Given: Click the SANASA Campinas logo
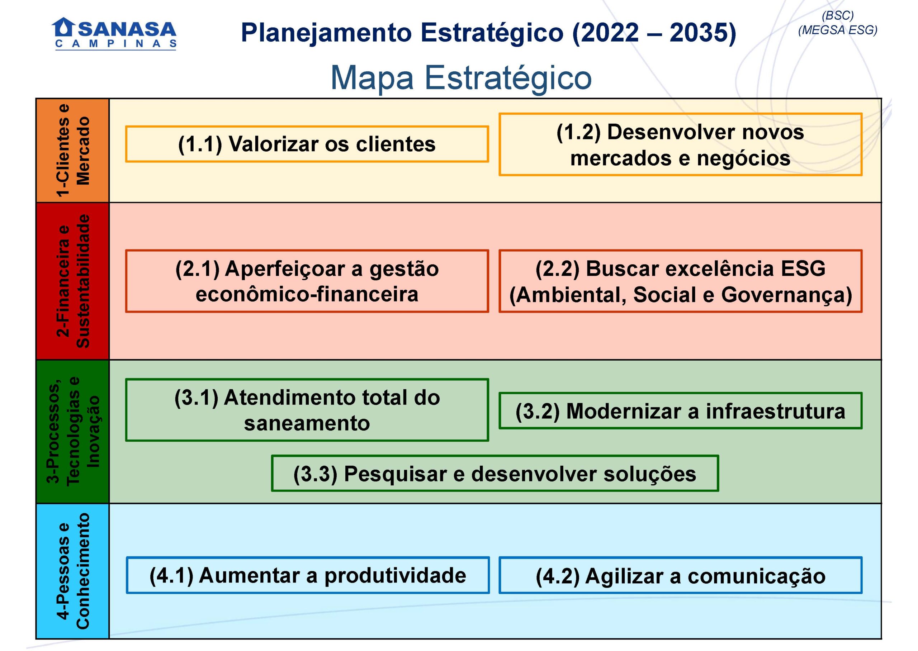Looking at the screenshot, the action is pos(114,33).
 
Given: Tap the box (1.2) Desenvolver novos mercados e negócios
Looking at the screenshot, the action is pos(681,145).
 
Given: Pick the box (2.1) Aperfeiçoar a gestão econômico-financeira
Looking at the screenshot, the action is pos(307,281).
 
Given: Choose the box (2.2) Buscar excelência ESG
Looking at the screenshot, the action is pos(681,281).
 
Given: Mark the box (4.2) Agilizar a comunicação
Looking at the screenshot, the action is pos(681,576).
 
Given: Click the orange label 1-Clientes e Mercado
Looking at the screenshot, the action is pos(72,151).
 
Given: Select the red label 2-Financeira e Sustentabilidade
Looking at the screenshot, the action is pos(72,281).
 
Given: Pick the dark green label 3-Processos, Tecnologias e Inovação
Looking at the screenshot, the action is pos(72,432).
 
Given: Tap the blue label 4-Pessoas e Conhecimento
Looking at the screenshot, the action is pos(72,571).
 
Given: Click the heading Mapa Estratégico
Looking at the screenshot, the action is pos(461,78).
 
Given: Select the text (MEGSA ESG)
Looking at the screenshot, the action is pos(837,30).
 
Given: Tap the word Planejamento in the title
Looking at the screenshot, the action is pos(326,33).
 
